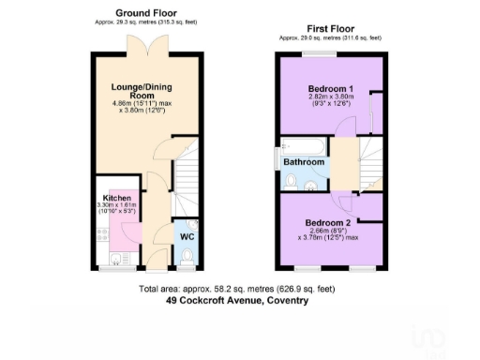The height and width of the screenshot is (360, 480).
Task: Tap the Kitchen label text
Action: tap(117, 198)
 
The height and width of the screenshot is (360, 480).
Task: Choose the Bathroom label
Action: tap(306, 162)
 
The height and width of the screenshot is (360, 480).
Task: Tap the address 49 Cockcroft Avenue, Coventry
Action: tap(236, 302)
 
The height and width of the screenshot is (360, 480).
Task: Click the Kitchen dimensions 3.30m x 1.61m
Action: tap(117, 210)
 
